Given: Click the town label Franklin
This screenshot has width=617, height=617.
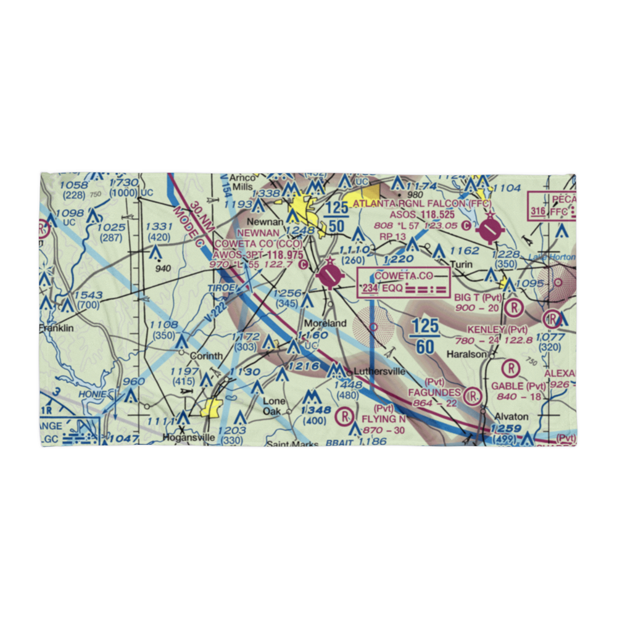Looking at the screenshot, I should tap(57, 328).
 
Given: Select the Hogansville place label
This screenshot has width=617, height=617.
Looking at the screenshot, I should tap(188, 437).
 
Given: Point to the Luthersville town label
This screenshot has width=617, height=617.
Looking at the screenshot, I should tap(379, 371).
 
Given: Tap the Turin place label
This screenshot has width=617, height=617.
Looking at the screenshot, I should tap(461, 264).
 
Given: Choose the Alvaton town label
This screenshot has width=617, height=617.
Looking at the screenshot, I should tap(511, 416).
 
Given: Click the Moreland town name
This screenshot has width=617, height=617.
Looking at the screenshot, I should tap(324, 323).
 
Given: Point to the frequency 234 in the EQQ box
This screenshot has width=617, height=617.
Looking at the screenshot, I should tap(370, 289).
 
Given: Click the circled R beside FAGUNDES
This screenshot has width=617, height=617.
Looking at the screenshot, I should tap(473, 395).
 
